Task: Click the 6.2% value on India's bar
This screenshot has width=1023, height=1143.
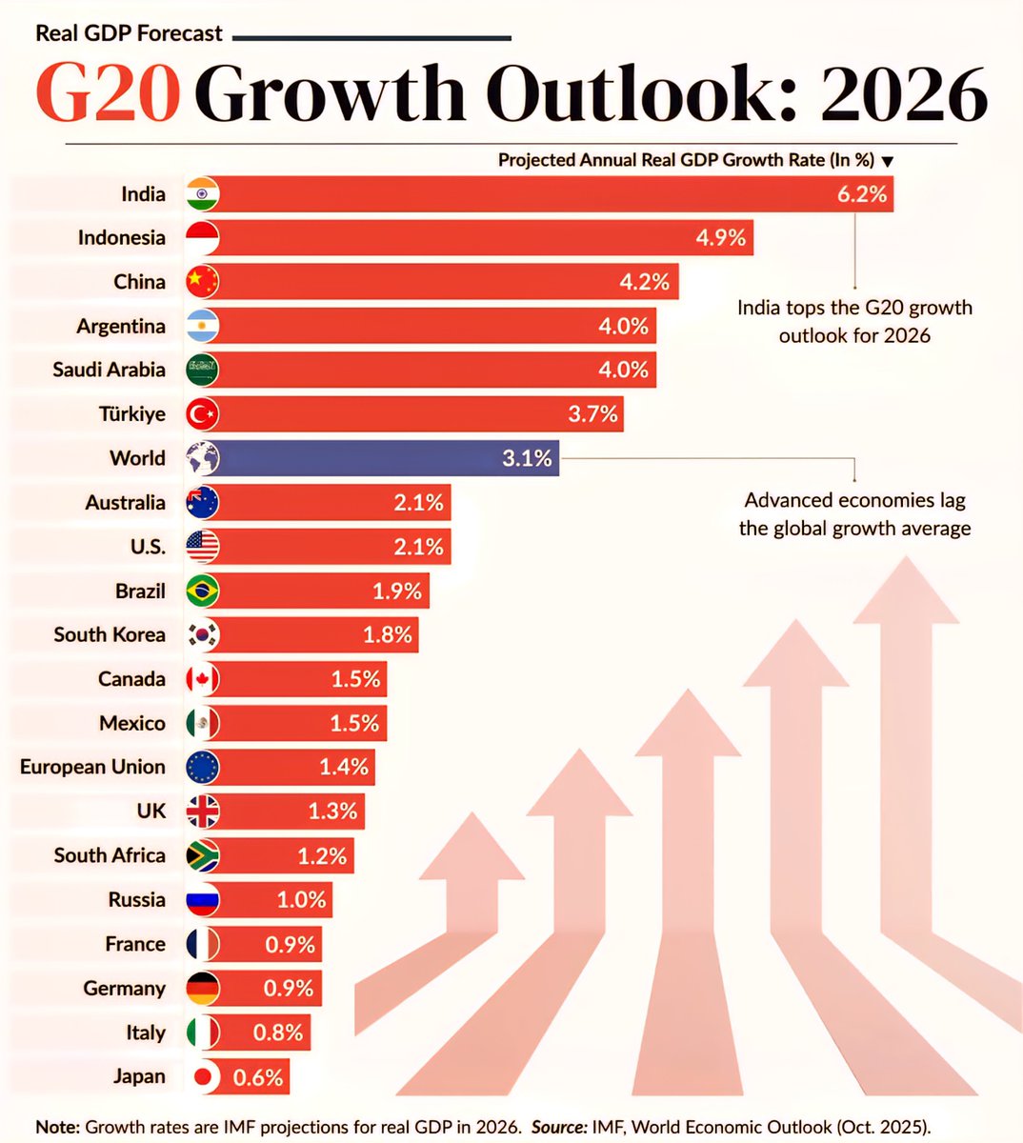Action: [x=862, y=194]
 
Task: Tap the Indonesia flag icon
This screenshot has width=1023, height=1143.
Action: [x=202, y=238]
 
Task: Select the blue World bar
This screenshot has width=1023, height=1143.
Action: [x=381, y=458]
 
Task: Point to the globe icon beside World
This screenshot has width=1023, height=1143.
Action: [x=202, y=458]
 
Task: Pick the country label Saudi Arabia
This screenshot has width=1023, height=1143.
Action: [x=109, y=370]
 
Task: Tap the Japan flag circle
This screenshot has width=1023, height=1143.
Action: [x=202, y=1077]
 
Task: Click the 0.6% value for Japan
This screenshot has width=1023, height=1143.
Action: [x=258, y=1077]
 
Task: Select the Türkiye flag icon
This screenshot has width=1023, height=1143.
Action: [x=202, y=414]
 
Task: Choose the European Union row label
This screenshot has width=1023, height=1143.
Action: [x=92, y=767]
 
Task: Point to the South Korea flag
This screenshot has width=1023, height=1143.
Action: [x=202, y=634]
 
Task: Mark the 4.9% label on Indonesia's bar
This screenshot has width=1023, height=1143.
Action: [x=720, y=238]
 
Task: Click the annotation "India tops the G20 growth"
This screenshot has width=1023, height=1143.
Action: [x=854, y=309]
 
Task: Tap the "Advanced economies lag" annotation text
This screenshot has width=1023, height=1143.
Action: [x=854, y=501]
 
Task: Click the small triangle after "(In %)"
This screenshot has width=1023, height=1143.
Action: [x=888, y=162]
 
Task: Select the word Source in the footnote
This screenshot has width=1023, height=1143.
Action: [x=558, y=1126]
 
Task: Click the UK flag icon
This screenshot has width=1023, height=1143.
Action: [x=202, y=812]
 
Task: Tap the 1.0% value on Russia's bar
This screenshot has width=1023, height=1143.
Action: [x=301, y=900]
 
